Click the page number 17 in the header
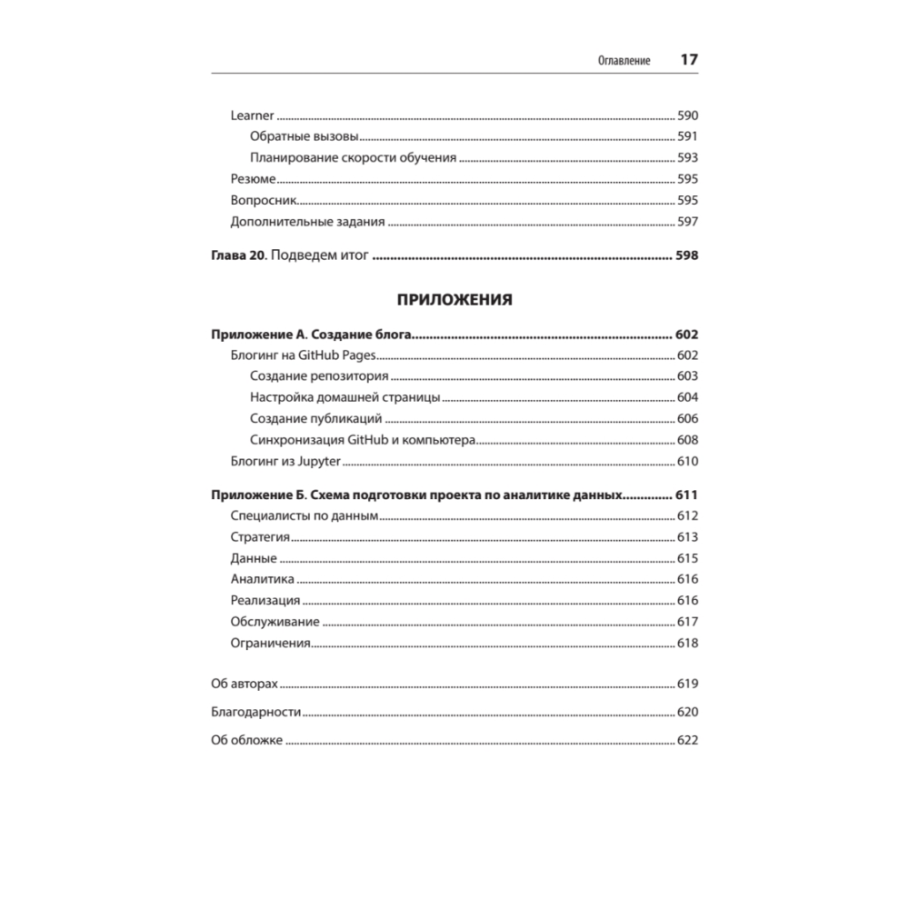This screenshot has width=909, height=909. click(x=688, y=60)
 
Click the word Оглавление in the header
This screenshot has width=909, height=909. click(x=624, y=61)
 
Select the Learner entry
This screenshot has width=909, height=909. click(x=252, y=115)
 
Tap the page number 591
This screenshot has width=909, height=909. click(x=686, y=136)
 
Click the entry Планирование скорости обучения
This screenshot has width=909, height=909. click(x=352, y=157)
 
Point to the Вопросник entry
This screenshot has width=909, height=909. click(x=265, y=200)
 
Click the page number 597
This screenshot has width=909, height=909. click(x=686, y=221)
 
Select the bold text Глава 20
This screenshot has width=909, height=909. click(x=237, y=255)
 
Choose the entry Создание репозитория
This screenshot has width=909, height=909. click(x=319, y=376)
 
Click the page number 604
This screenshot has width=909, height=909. click(x=686, y=397)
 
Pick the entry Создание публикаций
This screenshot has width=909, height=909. click(x=315, y=418)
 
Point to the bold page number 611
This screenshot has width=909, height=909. click(x=685, y=495)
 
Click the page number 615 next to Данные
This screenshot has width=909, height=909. click(x=686, y=558)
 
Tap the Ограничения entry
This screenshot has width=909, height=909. click(x=271, y=644)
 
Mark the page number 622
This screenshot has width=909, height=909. click(x=686, y=741)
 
